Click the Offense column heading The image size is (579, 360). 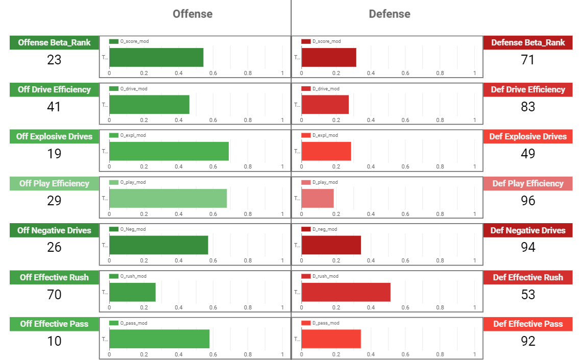[x=192, y=14]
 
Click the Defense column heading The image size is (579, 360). [x=389, y=14]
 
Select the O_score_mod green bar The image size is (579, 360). [x=156, y=57]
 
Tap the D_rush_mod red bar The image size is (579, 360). [x=346, y=292]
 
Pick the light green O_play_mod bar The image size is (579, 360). [x=168, y=198]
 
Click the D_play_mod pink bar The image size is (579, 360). [x=318, y=198]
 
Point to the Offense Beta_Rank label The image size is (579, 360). [x=54, y=42]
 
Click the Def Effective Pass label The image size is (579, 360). [x=528, y=324]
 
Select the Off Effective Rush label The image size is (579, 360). [x=54, y=277]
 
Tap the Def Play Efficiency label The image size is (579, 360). [x=528, y=183]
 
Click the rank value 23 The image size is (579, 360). [x=54, y=60]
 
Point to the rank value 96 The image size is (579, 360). [x=528, y=201]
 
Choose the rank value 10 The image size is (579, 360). [x=54, y=341]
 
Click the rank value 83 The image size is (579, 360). [x=528, y=107]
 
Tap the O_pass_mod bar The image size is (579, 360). [x=159, y=339]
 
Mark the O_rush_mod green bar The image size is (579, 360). [x=132, y=292]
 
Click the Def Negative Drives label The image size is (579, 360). [x=528, y=230]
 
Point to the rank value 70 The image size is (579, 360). [x=54, y=295]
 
